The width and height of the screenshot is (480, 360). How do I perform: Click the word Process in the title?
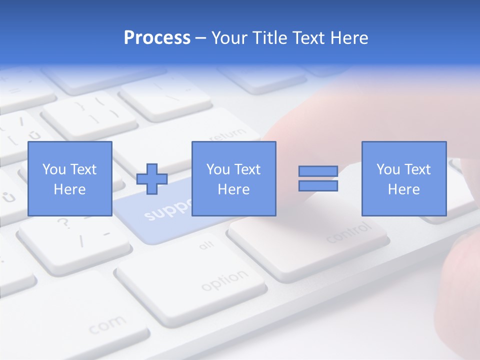(x=157, y=38)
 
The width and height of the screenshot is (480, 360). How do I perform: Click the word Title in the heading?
(x=270, y=38)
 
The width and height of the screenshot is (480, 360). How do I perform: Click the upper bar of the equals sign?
(x=318, y=171)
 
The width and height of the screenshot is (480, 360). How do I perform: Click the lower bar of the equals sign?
(x=318, y=186)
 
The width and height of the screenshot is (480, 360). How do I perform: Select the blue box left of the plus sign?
(x=69, y=178)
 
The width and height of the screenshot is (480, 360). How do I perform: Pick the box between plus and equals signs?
(x=233, y=178)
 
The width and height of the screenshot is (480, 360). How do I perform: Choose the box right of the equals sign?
(x=403, y=178)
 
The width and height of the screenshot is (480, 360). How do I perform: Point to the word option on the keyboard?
(x=224, y=281)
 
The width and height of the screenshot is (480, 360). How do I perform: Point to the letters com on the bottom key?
(x=108, y=325)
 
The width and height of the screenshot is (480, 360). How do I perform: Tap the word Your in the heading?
(x=229, y=38)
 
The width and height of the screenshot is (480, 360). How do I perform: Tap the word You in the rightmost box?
(x=388, y=169)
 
